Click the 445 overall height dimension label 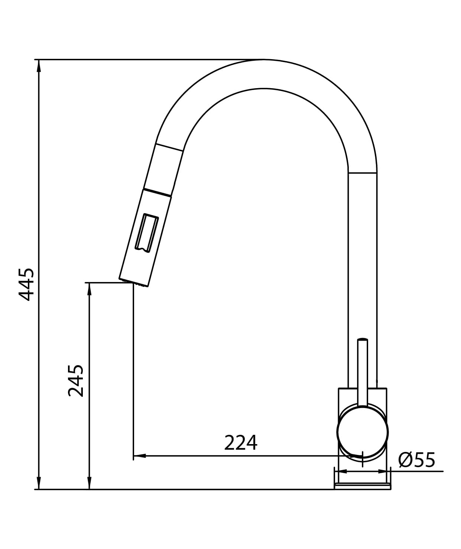pos(26,285)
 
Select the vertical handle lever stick pos(363,373)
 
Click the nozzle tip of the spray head pos(134,282)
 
